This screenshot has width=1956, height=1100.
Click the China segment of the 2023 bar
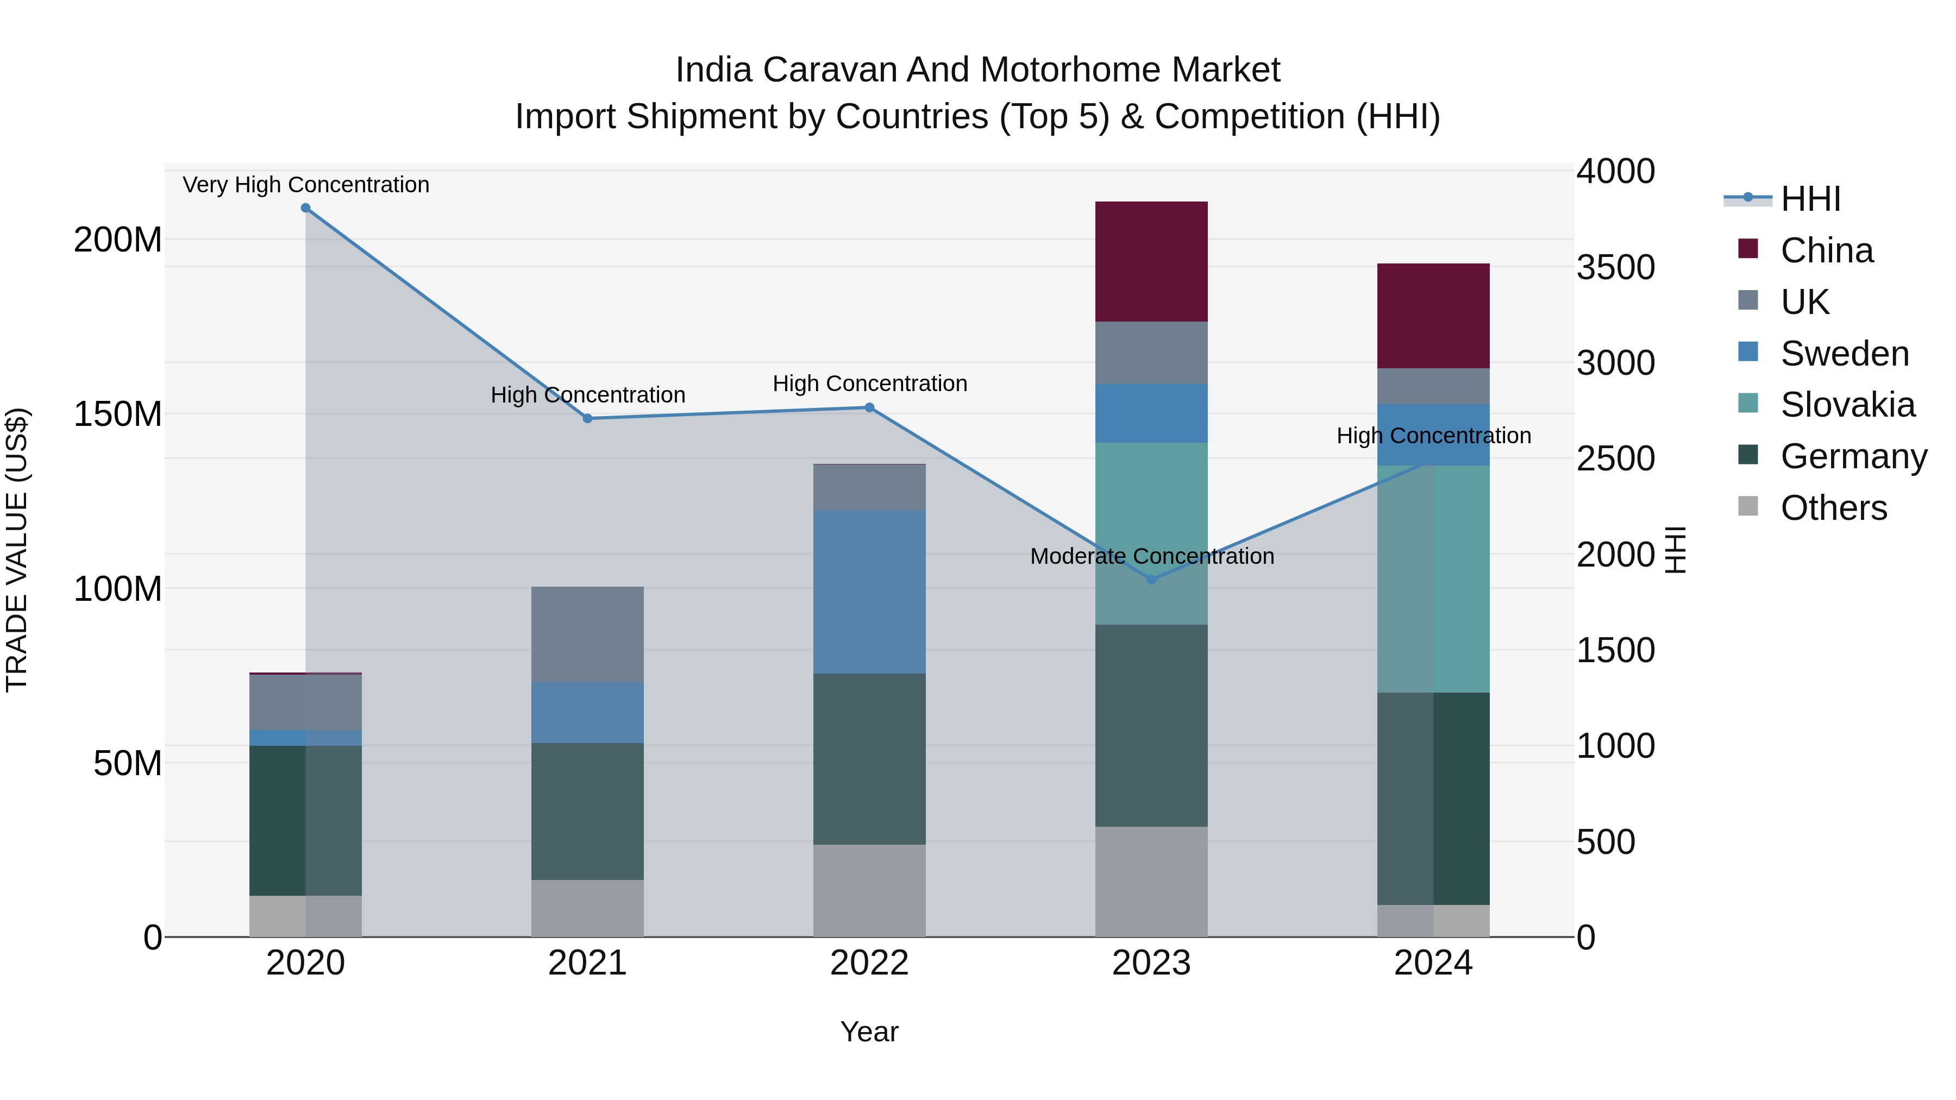tap(1151, 261)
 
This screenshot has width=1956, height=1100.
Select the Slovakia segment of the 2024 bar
tap(1433, 579)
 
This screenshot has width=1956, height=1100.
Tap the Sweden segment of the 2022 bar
tap(869, 592)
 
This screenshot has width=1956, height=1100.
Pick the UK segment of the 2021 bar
tap(587, 634)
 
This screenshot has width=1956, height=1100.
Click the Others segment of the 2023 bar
tap(1151, 882)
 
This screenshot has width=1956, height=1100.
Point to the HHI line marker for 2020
tap(305, 208)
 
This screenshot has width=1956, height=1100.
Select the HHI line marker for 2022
tap(869, 407)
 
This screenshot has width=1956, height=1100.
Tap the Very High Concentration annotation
tap(306, 185)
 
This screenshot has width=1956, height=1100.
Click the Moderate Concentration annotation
tap(1152, 556)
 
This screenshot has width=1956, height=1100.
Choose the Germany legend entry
tap(1853, 456)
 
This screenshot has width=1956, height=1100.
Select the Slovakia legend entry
tap(1847, 405)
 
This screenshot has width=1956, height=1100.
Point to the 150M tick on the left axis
tap(118, 414)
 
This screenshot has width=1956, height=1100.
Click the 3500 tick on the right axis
tap(1615, 267)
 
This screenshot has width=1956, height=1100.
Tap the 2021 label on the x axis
tap(587, 963)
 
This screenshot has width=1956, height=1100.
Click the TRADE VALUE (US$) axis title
tap(17, 550)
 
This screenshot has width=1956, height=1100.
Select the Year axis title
tap(869, 1032)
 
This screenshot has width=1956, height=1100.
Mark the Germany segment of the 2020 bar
tap(305, 821)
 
